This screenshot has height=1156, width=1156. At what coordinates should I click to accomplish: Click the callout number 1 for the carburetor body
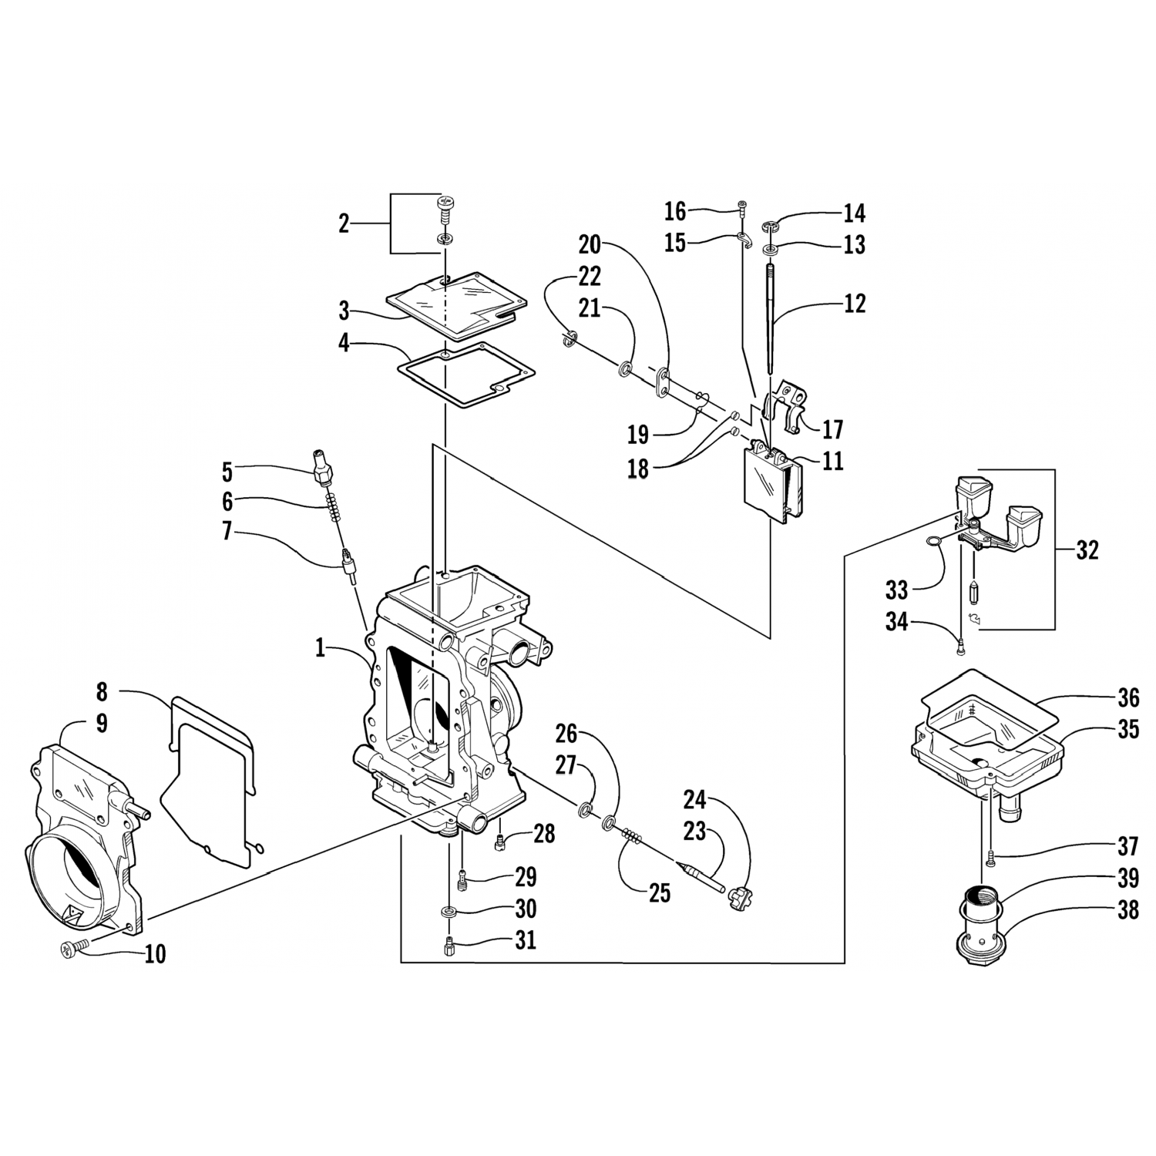click(x=321, y=648)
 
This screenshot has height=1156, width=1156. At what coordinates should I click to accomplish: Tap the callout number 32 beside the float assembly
click(x=1087, y=551)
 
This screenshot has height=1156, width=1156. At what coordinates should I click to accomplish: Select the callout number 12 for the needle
click(x=855, y=303)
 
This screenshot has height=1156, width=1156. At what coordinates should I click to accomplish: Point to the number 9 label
click(x=102, y=724)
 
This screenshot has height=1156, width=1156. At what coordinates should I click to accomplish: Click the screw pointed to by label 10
click(x=70, y=950)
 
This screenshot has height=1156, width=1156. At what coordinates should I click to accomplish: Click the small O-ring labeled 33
click(x=933, y=543)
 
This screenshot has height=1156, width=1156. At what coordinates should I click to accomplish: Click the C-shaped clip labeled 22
click(x=570, y=337)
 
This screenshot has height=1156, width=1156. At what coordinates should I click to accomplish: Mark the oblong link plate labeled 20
click(x=663, y=382)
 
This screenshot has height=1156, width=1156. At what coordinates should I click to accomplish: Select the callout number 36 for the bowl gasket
click(x=1128, y=698)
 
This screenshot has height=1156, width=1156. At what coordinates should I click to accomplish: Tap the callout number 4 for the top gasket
click(x=344, y=343)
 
